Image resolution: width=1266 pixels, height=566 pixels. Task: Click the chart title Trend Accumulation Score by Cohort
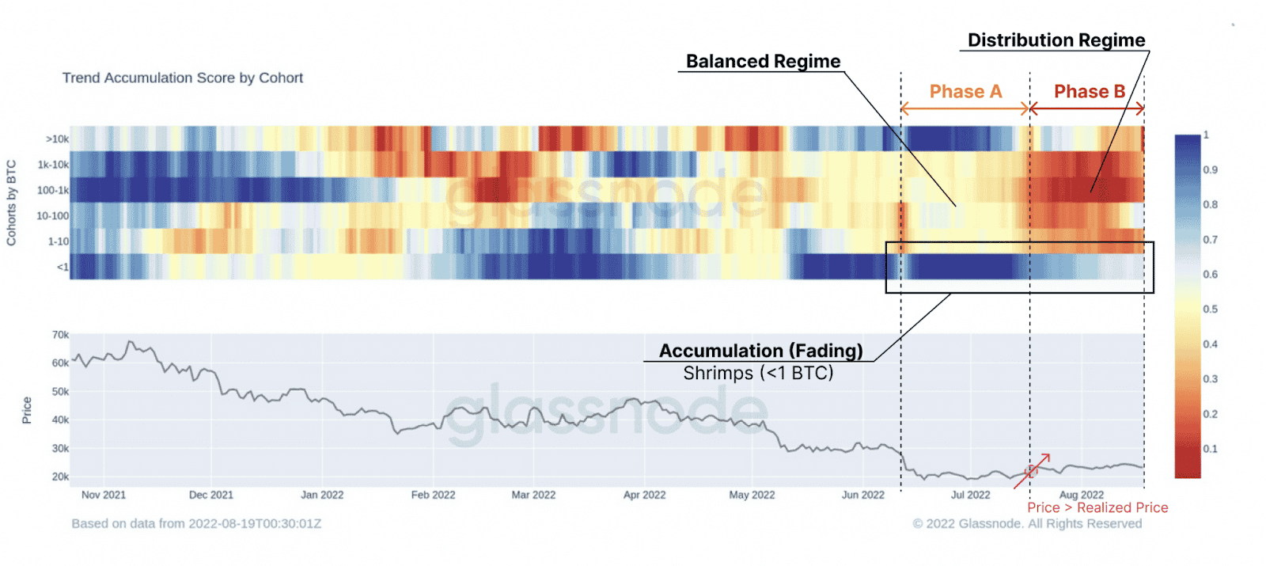tap(182, 78)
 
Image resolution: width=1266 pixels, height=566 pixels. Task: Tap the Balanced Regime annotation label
tap(763, 61)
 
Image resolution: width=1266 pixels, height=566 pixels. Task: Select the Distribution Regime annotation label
tap(1056, 40)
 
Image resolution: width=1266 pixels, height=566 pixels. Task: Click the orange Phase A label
tap(965, 92)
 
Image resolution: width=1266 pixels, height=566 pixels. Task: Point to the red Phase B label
tap(1089, 92)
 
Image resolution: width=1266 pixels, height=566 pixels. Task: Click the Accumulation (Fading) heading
tap(760, 351)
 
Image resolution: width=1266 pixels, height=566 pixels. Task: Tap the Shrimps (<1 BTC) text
tap(758, 373)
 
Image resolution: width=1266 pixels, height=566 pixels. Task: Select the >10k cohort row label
tap(57, 139)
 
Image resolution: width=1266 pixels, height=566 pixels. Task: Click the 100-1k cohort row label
tap(53, 190)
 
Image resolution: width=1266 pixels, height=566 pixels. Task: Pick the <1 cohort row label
tap(63, 267)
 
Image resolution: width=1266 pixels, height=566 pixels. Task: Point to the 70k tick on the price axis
tap(60, 335)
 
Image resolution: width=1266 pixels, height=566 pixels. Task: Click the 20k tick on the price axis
tap(60, 477)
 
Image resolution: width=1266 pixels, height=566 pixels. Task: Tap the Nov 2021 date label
tap(104, 495)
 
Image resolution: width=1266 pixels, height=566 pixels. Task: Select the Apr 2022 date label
tap(644, 495)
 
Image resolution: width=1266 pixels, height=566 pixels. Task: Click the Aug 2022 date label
tap(1081, 495)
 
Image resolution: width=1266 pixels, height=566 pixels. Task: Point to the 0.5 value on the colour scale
tap(1210, 309)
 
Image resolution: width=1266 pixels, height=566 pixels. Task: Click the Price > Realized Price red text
tap(1097, 508)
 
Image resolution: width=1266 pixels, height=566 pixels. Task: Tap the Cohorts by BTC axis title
tap(11, 203)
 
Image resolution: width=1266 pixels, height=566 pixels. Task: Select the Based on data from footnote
tap(196, 523)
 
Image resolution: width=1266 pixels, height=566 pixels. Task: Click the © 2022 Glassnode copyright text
tap(1027, 523)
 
